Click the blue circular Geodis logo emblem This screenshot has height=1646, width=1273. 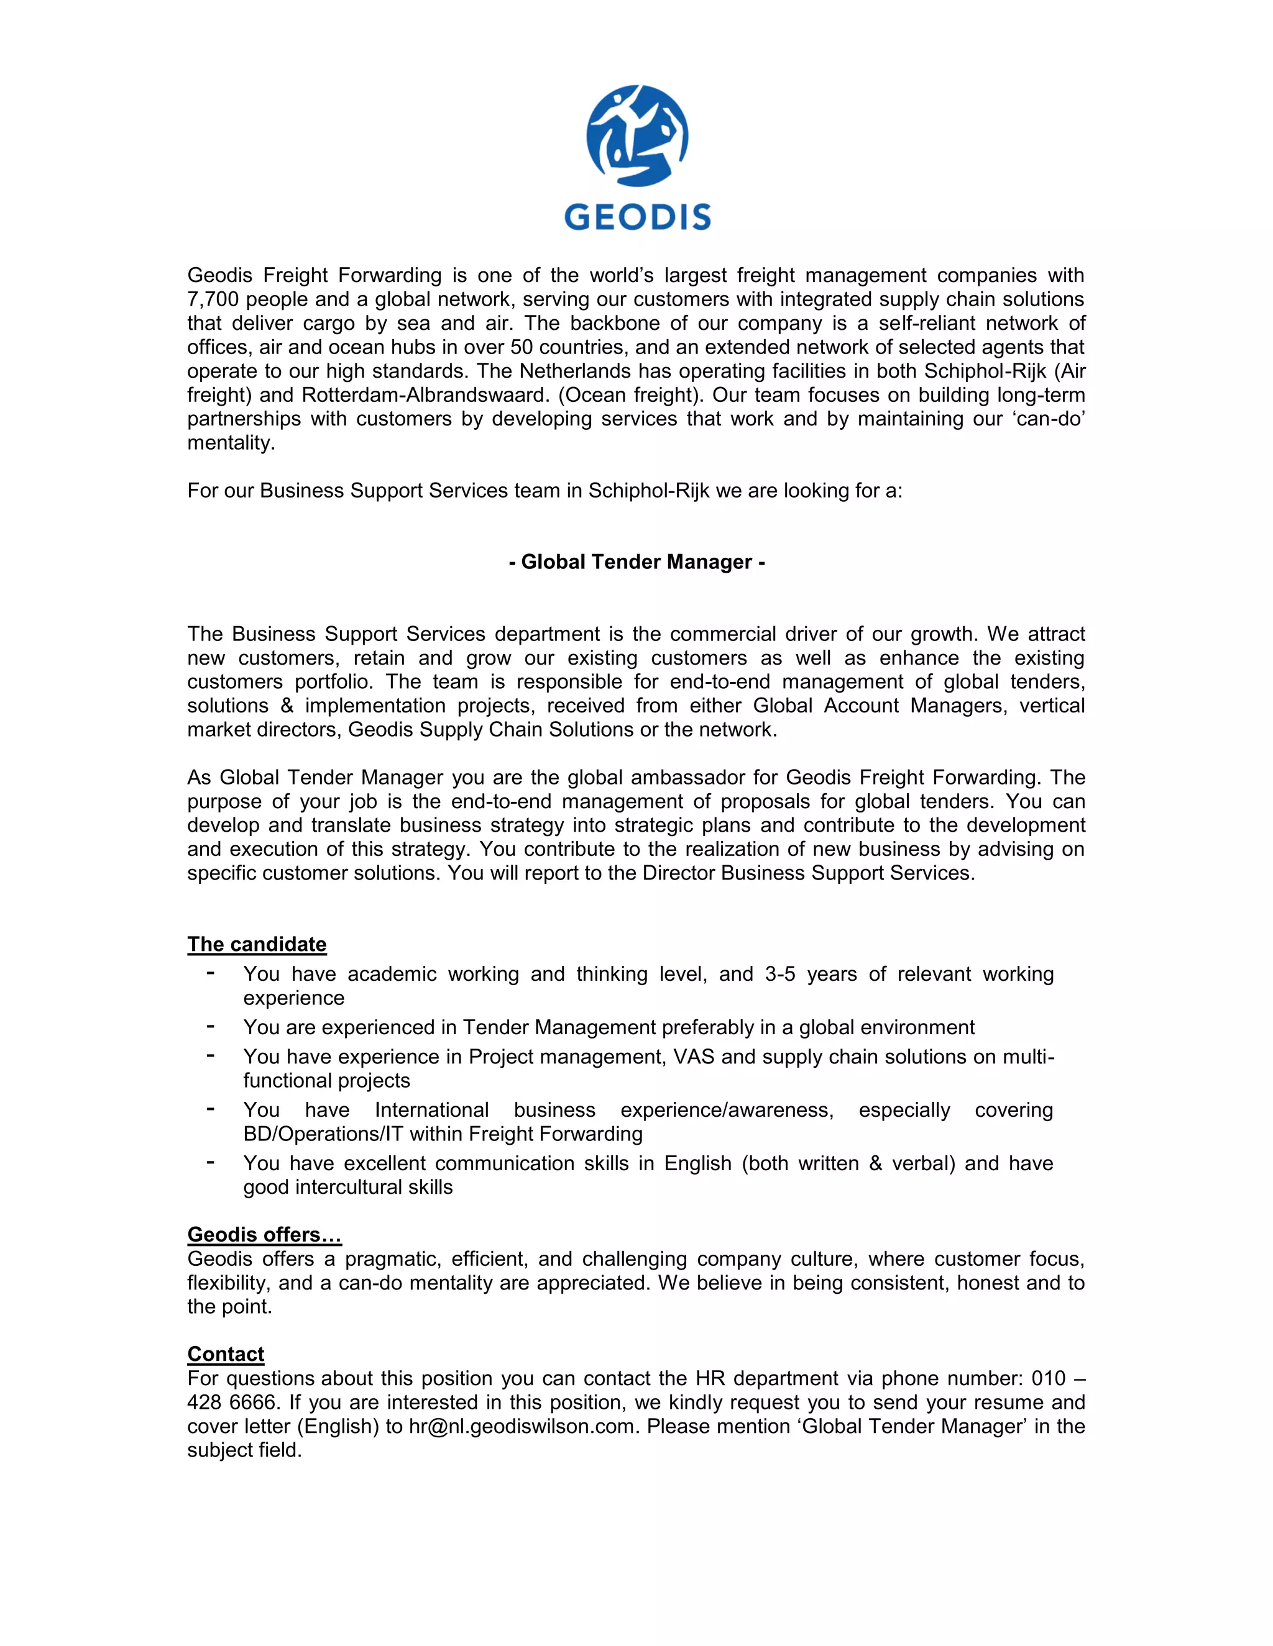tap(637, 135)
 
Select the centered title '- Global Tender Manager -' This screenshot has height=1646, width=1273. tap(637, 562)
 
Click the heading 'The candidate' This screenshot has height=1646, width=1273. tap(257, 943)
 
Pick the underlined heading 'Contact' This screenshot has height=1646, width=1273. tap(226, 1353)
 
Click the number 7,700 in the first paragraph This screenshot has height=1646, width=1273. tap(213, 299)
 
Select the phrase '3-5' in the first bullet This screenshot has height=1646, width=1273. tap(780, 974)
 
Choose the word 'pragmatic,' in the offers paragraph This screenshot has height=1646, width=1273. tap(393, 1258)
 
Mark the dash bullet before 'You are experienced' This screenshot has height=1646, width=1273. tap(211, 1027)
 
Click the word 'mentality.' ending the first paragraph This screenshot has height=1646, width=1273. tap(231, 442)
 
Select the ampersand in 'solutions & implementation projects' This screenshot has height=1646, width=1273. tap(287, 706)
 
